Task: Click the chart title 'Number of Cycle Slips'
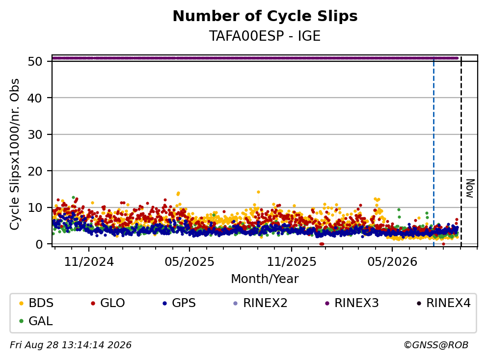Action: click(265, 16)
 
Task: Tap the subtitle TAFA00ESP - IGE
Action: click(265, 36)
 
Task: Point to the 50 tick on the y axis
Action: click(35, 61)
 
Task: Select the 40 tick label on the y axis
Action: click(35, 98)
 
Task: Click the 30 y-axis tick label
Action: click(35, 134)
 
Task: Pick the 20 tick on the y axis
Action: click(35, 171)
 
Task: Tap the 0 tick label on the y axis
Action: click(39, 244)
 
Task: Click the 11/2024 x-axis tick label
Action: click(89, 262)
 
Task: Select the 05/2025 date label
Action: click(189, 262)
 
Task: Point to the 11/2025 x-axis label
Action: click(292, 262)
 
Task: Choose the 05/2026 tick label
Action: click(392, 262)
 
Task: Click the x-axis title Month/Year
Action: click(265, 279)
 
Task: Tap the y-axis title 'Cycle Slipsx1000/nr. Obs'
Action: click(15, 154)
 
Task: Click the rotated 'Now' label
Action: click(470, 188)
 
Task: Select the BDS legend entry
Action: click(36, 303)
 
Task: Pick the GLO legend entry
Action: click(108, 303)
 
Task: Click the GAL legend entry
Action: click(36, 321)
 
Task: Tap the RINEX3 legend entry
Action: click(352, 303)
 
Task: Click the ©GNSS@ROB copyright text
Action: click(436, 345)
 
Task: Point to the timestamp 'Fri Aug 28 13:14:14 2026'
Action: click(71, 345)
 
